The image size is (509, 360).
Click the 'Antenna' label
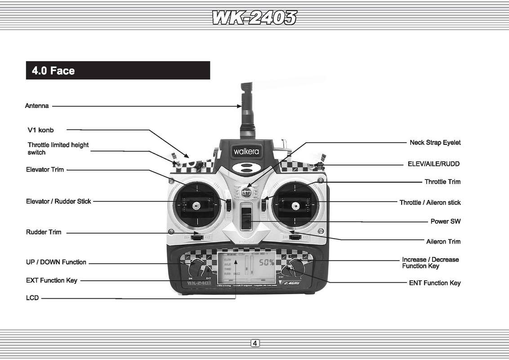37,106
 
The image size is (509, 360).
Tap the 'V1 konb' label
40,130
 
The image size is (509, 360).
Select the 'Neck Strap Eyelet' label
435,143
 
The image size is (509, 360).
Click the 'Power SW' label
446,221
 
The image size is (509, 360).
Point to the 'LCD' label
32,298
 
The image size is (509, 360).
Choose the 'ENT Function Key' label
435,283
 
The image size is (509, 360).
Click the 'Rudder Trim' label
44,232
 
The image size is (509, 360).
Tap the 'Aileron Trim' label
443,242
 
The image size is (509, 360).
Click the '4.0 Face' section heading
54,71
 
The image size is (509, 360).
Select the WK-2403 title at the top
254,18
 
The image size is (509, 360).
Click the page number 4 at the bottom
254,344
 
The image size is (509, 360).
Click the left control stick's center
196,206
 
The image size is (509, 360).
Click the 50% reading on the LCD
266,262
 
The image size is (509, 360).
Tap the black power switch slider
246,216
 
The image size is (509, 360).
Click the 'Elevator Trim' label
45,170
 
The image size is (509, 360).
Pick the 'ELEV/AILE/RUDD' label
433,164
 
